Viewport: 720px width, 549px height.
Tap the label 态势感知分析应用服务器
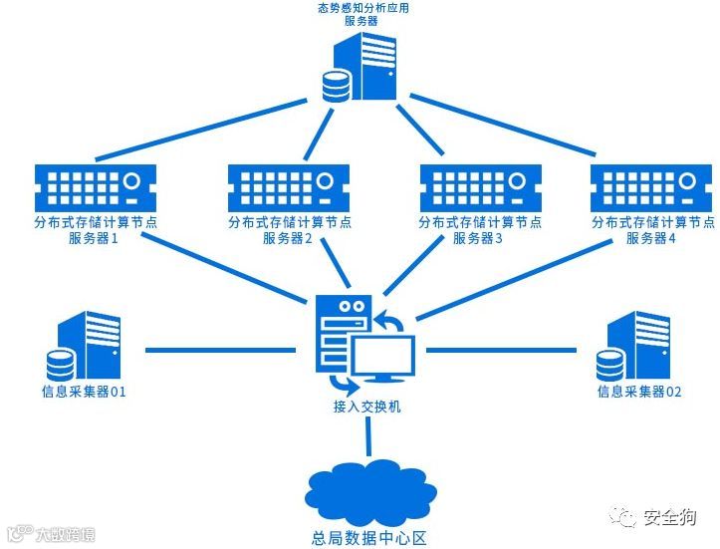360,14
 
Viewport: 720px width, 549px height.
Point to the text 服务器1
94,239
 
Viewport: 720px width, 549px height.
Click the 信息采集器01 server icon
88,345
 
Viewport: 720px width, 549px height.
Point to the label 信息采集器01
85,392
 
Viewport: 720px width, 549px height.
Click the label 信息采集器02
639,392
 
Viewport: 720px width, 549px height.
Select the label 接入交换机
366,408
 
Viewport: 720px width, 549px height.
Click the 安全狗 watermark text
669,517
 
